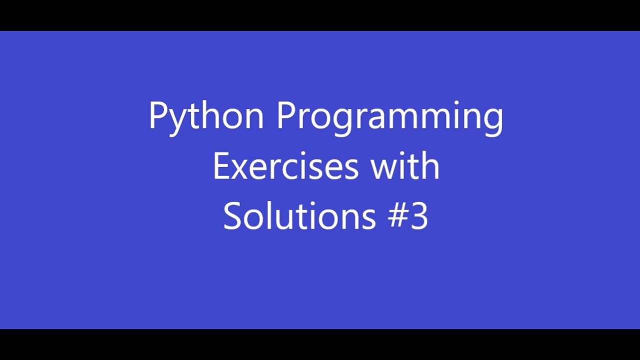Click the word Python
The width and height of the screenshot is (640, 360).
[206, 116]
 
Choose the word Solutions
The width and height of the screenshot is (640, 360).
[299, 216]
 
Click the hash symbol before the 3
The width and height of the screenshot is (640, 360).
[398, 216]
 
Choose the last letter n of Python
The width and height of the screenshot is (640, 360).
[254, 118]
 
